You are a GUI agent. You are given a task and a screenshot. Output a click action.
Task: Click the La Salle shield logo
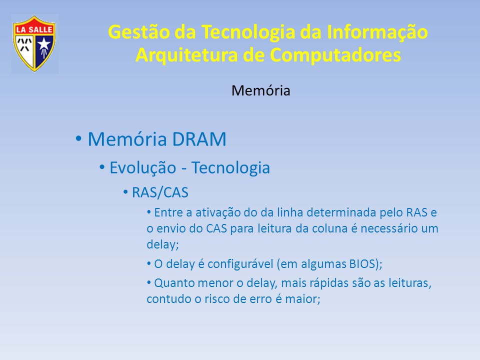[34, 43]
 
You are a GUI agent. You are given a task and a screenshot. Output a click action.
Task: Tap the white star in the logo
[44, 43]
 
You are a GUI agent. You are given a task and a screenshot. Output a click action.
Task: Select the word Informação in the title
[377, 32]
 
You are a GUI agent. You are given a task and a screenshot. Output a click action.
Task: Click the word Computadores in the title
[335, 55]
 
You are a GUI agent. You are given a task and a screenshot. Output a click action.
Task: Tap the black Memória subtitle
[261, 90]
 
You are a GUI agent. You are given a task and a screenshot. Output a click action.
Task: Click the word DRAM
[199, 139]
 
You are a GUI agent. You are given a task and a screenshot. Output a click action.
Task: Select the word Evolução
[142, 168]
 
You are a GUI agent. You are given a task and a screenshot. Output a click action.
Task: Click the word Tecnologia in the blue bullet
[230, 168]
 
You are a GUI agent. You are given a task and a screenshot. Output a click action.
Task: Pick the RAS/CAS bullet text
[160, 192]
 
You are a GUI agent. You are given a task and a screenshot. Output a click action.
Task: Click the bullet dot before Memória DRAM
[78, 138]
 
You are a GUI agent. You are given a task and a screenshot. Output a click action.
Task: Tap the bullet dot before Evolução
[102, 167]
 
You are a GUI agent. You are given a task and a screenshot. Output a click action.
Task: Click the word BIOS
[362, 263]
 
